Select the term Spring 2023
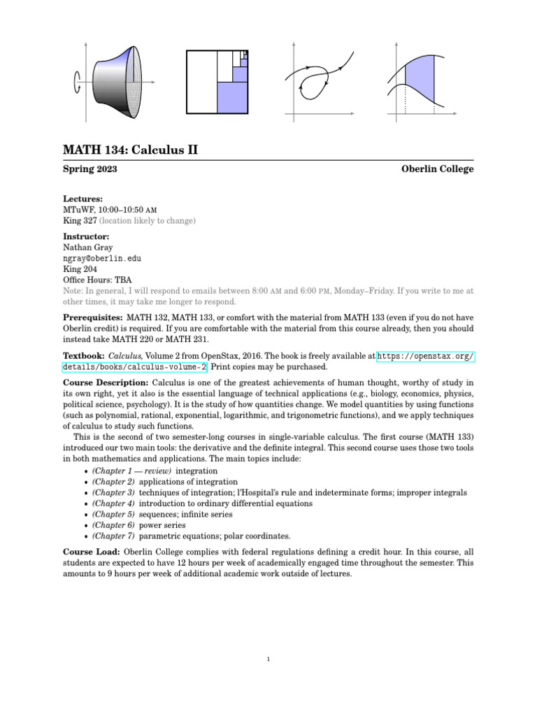point(90,169)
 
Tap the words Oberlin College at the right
point(438,169)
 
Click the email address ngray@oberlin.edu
point(102,258)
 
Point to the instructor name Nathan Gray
point(88,248)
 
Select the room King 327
point(79,220)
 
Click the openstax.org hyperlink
point(425,357)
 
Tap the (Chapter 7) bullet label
point(113,536)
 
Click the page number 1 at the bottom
point(268,658)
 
